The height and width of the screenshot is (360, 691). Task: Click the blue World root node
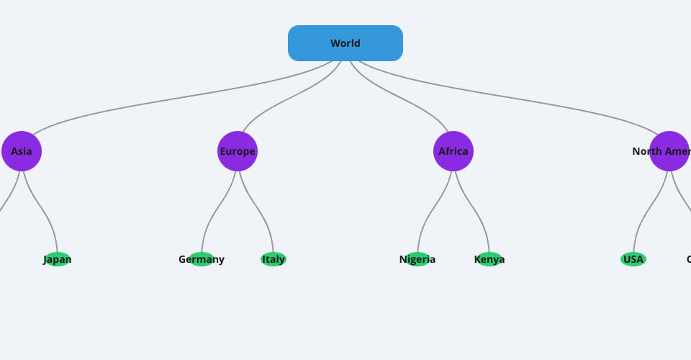(x=345, y=43)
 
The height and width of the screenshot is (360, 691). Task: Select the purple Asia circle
(x=22, y=151)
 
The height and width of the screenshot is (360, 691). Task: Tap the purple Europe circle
(x=238, y=151)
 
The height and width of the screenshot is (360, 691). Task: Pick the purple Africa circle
(x=453, y=151)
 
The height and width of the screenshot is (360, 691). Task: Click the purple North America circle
(x=669, y=151)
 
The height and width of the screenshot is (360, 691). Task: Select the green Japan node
(x=58, y=259)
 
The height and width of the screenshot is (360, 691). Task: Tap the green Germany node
(x=202, y=259)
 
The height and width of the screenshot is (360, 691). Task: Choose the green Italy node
(x=274, y=259)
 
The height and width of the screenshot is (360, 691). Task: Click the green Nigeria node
(x=417, y=259)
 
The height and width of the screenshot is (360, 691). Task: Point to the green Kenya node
(x=489, y=259)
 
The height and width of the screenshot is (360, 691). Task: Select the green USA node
(x=633, y=259)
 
